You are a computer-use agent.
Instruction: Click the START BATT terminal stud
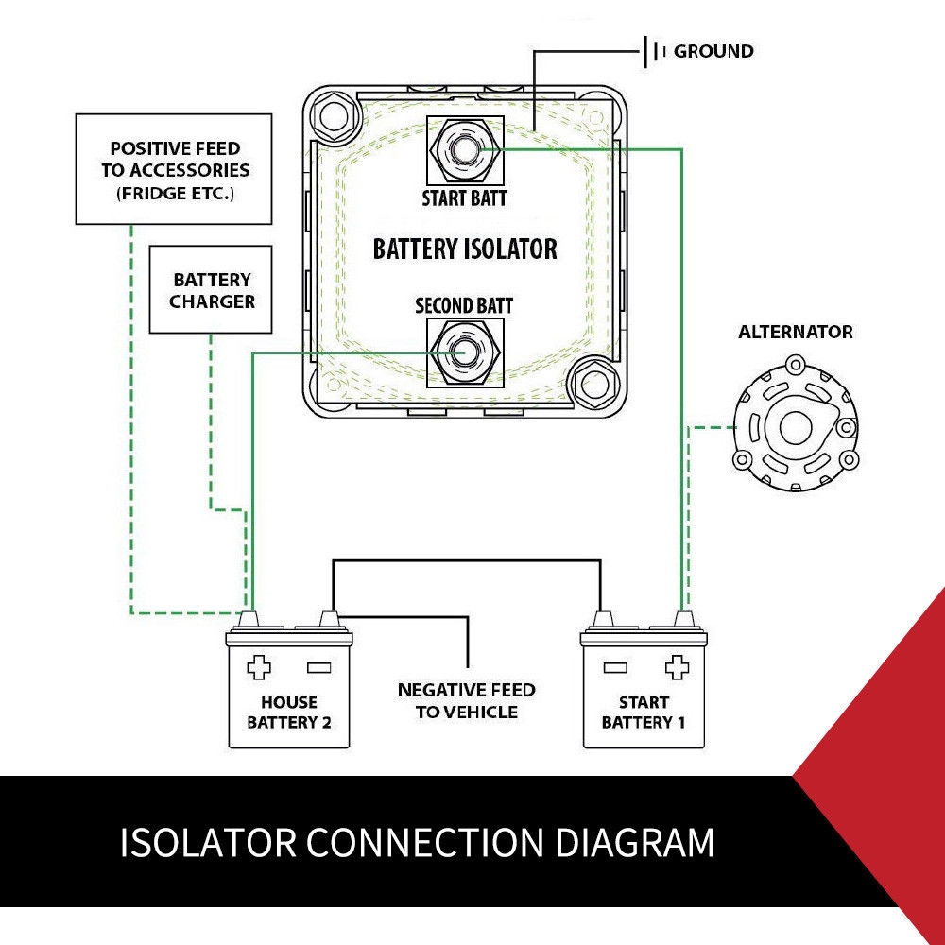pyautogui.click(x=464, y=149)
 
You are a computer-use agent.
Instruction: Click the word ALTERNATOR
pyautogui.click(x=796, y=333)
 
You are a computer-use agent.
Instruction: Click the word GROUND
pyautogui.click(x=713, y=51)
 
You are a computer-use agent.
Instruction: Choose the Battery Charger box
pyautogui.click(x=211, y=290)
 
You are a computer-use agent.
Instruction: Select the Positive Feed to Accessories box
pyautogui.click(x=175, y=170)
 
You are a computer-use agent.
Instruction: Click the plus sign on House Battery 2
pyautogui.click(x=258, y=668)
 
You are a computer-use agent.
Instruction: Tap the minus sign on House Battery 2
pyautogui.click(x=318, y=668)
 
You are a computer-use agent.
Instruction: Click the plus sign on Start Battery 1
pyautogui.click(x=677, y=668)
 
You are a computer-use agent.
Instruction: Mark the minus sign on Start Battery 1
pyautogui.click(x=615, y=668)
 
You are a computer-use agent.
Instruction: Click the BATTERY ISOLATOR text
pyautogui.click(x=465, y=249)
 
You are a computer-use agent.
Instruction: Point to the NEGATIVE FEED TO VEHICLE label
pyautogui.click(x=466, y=701)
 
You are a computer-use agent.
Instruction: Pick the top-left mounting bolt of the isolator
pyautogui.click(x=334, y=116)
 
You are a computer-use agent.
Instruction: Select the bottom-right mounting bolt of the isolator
pyautogui.click(x=593, y=386)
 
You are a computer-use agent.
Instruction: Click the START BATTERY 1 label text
pyautogui.click(x=644, y=713)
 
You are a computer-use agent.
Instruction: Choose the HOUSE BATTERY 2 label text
pyautogui.click(x=289, y=713)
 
